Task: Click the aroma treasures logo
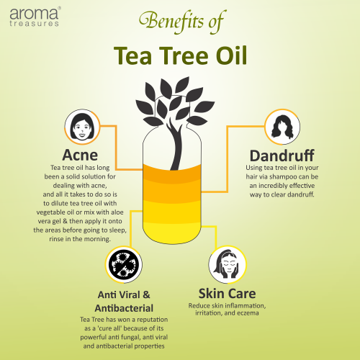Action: click(35, 17)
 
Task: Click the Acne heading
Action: click(80, 155)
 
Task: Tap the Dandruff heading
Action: click(282, 156)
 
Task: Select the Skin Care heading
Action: click(227, 294)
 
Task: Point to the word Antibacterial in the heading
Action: click(124, 308)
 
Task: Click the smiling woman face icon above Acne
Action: click(82, 127)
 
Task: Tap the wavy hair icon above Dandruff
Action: click(282, 127)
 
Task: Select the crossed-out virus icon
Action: click(124, 264)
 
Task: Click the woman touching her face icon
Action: click(228, 264)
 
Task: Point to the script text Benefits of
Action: click(182, 21)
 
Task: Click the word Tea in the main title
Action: click(132, 55)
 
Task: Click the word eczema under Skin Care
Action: click(248, 313)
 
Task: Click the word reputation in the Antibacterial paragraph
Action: click(153, 320)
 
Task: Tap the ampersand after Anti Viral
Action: click(146, 294)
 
